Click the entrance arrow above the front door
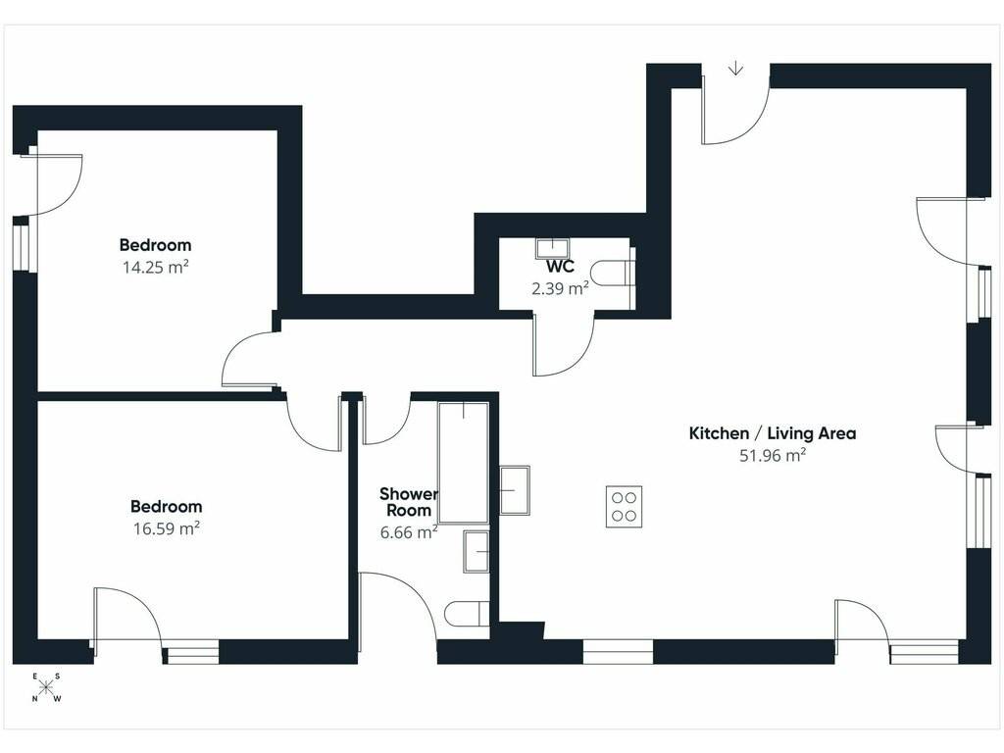point(736,68)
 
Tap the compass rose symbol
point(46,687)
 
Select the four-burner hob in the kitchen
point(624,507)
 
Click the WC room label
point(560,267)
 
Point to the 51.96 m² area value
point(773,455)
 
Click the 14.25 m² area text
point(156,267)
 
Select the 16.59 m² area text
point(167,528)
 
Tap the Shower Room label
point(409,502)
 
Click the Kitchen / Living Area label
point(773,433)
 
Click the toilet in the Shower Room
point(467,614)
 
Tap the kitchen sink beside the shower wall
point(514,490)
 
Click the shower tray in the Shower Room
point(464,463)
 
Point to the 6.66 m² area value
point(409,532)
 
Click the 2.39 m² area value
point(560,289)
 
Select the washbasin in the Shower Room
point(476,551)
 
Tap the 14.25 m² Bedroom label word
point(156,245)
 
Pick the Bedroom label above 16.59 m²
point(167,507)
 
